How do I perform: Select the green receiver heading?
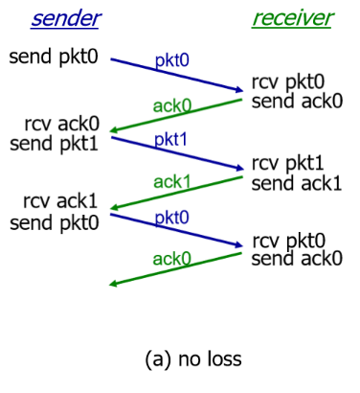tap(292, 19)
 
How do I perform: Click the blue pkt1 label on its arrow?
tap(172, 139)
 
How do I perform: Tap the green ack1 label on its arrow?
tap(171, 178)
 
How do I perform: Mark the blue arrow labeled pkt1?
tap(177, 153)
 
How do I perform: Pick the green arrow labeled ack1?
tap(177, 191)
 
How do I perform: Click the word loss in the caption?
tap(221, 359)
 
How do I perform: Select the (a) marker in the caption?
tap(157, 359)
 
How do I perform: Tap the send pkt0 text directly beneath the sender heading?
tap(56, 56)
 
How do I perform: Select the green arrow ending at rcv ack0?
tap(177, 113)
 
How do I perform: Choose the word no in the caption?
tap(188, 359)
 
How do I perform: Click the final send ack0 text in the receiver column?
tap(296, 258)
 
